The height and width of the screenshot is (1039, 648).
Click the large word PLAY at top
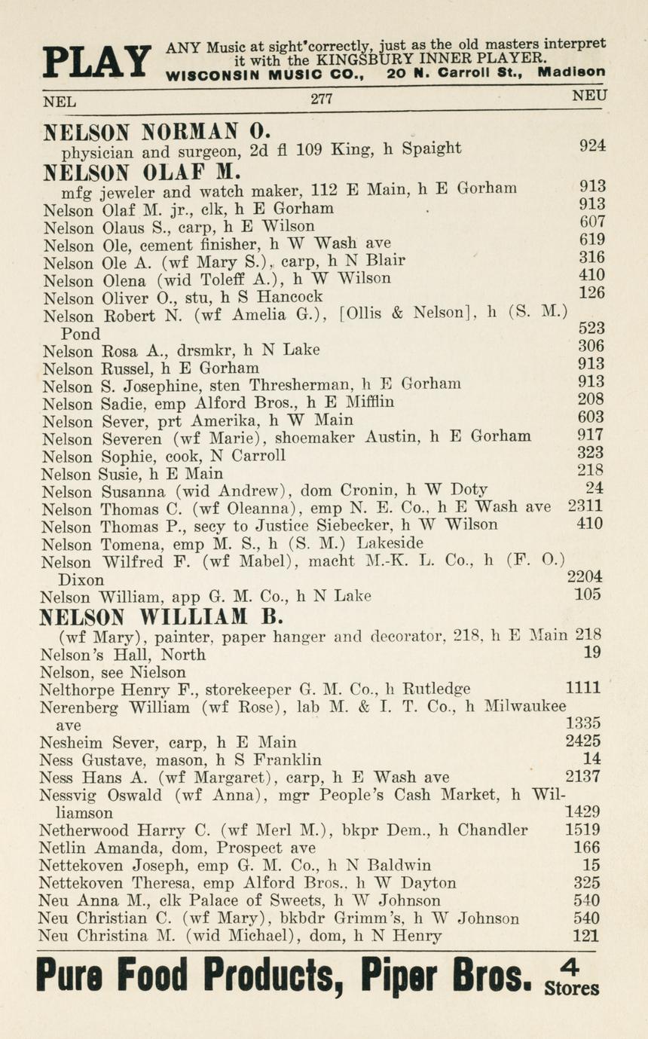96,61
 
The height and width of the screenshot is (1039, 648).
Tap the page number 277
322,99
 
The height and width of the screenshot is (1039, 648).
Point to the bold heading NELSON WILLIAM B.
160,617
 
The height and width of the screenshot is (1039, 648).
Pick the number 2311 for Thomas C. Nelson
585,507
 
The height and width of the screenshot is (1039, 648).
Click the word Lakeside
390,542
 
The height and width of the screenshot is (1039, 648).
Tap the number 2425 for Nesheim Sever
582,741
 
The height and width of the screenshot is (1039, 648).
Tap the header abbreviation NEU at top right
589,96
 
